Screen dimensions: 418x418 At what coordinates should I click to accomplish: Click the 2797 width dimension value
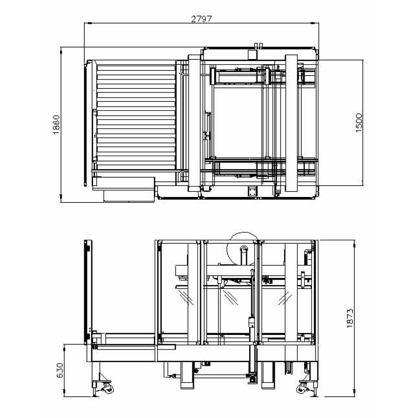click(x=202, y=19)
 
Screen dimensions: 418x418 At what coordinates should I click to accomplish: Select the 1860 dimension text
click(x=56, y=124)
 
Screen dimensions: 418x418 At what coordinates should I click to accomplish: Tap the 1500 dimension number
click(x=359, y=123)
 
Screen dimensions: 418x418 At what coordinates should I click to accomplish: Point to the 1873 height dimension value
click(x=350, y=318)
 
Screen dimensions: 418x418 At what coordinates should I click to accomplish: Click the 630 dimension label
click(x=60, y=370)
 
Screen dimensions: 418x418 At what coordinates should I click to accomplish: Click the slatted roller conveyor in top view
click(x=136, y=117)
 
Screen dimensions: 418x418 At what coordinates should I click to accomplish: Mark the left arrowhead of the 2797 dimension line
click(x=88, y=23)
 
